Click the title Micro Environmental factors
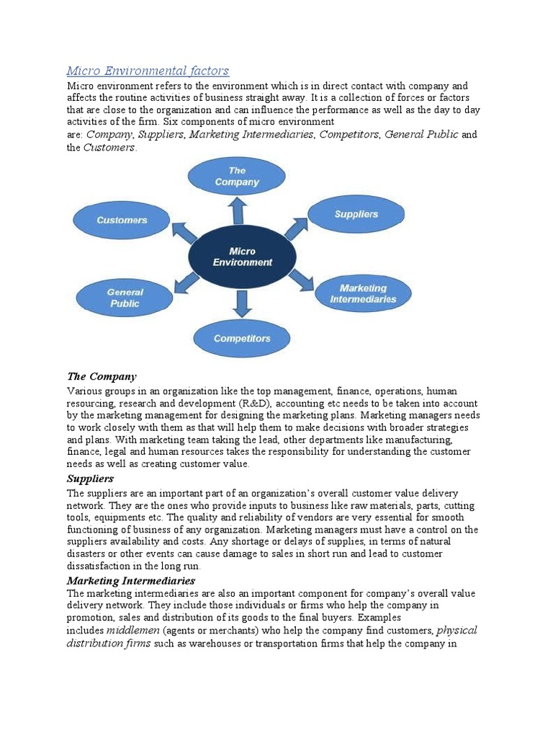tap(148, 71)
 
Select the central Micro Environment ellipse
tap(242, 257)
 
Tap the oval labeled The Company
tap(236, 177)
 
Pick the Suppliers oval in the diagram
tap(356, 214)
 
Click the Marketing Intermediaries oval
tap(363, 293)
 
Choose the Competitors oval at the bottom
tap(242, 338)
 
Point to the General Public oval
tap(125, 298)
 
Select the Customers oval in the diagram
tap(122, 220)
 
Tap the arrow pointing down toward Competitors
tap(243, 304)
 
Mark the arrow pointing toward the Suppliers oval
tap(296, 228)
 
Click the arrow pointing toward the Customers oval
tap(185, 232)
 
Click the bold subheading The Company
tap(102, 376)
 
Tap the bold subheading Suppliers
tap(91, 479)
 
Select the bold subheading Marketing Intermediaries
tap(131, 580)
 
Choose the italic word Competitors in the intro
tap(350, 135)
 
